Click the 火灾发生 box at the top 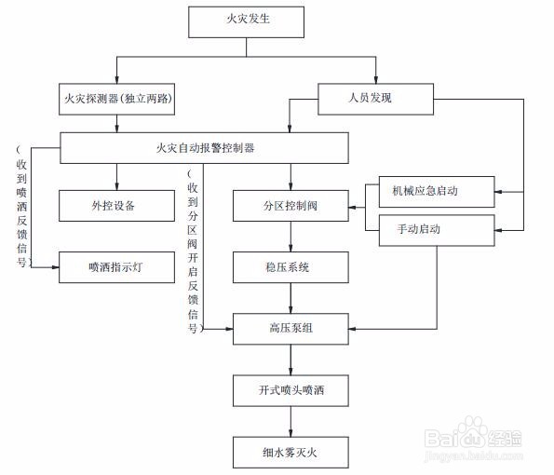(246, 22)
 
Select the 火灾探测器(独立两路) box (117, 99)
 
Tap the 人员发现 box (375, 99)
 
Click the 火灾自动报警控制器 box (205, 148)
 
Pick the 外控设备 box (117, 206)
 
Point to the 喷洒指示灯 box (117, 267)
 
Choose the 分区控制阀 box (291, 206)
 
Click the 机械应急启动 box (437, 192)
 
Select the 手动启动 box (437, 230)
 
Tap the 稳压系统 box (291, 267)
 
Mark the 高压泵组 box (291, 329)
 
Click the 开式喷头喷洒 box (291, 390)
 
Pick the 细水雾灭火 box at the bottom (291, 453)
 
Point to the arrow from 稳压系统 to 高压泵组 (291, 298)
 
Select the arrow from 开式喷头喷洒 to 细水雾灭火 (291, 422)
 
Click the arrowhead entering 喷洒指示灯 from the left (55, 267)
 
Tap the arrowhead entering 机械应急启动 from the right (498, 192)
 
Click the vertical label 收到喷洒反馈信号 (21, 206)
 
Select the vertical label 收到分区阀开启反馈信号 (194, 251)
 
